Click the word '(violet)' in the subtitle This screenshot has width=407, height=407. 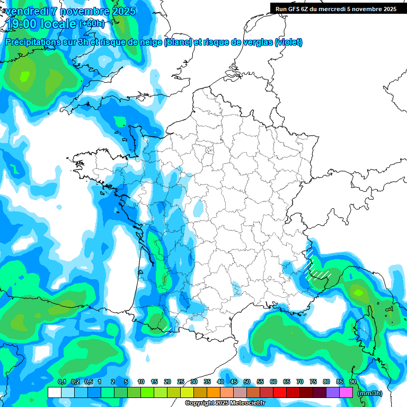pyautogui.click(x=288, y=42)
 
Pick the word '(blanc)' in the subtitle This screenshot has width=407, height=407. pyautogui.click(x=178, y=42)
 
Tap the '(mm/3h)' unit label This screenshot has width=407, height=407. pyautogui.click(x=370, y=393)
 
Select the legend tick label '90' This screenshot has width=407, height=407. pyautogui.click(x=353, y=382)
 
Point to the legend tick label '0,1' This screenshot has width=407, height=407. pyautogui.click(x=61, y=382)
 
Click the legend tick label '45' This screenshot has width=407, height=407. pyautogui.click(x=234, y=382)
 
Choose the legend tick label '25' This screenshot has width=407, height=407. pyautogui.click(x=181, y=382)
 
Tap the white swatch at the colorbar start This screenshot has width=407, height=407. pyautogui.click(x=54, y=392)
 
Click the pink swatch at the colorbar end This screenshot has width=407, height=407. pyautogui.click(x=346, y=392)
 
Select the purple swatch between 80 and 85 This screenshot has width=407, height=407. pyautogui.click(x=333, y=392)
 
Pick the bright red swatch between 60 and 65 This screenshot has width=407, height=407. pyautogui.click(x=280, y=392)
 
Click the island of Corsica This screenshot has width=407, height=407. pyautogui.click(x=365, y=331)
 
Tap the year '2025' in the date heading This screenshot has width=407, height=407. pyautogui.click(x=120, y=11)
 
